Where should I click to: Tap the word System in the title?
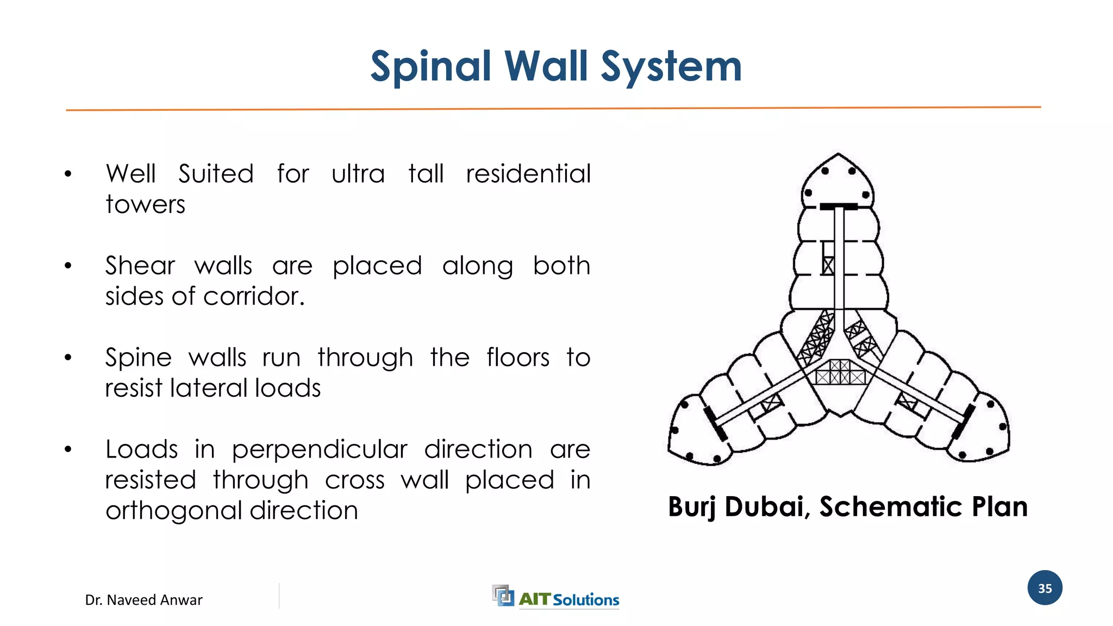672,67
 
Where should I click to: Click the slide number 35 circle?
1045,588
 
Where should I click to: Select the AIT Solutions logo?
555,598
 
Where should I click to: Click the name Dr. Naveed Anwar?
143,600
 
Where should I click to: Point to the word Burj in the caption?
692,507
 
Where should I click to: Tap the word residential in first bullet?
528,174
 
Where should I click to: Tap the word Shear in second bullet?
140,266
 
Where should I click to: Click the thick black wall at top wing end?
839,206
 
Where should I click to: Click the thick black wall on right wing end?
963,422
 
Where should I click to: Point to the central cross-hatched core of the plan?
840,372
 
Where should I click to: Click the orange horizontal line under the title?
553,109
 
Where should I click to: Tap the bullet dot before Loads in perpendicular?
68,450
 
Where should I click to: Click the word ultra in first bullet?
358,174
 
